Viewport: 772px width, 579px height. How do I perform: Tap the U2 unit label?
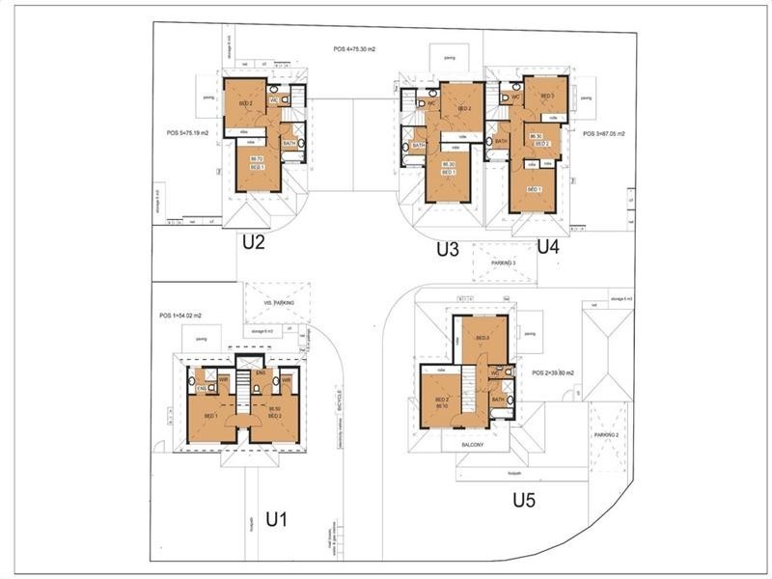[253, 242]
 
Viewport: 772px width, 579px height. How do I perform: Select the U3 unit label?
[447, 249]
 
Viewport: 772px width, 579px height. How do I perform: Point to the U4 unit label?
[548, 246]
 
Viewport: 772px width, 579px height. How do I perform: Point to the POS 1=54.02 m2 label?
[182, 316]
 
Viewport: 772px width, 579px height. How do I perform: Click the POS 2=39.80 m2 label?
[553, 372]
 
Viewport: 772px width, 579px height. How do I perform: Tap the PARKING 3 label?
[503, 262]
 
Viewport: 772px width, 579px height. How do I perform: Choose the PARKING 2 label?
[607, 435]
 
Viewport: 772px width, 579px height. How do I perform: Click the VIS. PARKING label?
[278, 303]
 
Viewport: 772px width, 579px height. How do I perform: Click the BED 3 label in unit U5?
[483, 338]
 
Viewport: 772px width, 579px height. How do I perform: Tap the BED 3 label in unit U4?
[546, 96]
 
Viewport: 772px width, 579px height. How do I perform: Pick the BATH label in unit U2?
[289, 143]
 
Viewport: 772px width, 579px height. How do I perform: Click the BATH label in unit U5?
[498, 399]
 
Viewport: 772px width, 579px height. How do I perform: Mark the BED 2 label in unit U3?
[464, 109]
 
